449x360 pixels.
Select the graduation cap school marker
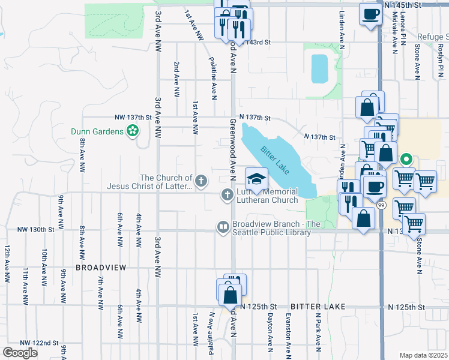click(x=256, y=178)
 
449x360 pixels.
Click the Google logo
click(x=20, y=352)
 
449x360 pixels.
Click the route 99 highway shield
click(x=381, y=205)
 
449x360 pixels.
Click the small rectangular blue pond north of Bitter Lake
click(x=319, y=68)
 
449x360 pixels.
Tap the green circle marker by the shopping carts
click(x=406, y=160)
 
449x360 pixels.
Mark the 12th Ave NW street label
click(x=7, y=264)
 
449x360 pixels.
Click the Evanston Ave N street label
click(x=288, y=333)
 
